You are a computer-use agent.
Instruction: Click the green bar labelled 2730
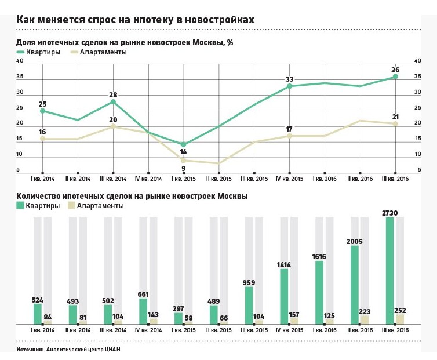(x=389, y=270)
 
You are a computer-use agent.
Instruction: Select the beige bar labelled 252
(x=400, y=319)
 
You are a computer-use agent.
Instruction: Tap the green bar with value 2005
(x=354, y=285)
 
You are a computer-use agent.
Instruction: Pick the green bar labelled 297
(x=179, y=318)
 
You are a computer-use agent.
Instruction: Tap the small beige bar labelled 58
(x=189, y=322)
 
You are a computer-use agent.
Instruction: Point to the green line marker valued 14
(x=184, y=144)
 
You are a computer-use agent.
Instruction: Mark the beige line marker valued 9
(x=184, y=161)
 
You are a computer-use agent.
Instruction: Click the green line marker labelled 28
(x=113, y=102)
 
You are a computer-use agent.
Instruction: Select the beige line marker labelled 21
(x=395, y=123)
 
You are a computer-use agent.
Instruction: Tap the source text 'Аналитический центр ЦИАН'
(x=84, y=350)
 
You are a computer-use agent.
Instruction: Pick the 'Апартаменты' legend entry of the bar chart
(x=96, y=206)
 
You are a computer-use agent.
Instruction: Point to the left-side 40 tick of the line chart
(x=19, y=61)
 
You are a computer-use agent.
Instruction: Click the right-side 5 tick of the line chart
(x=417, y=170)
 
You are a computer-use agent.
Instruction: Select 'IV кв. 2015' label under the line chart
(x=290, y=179)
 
